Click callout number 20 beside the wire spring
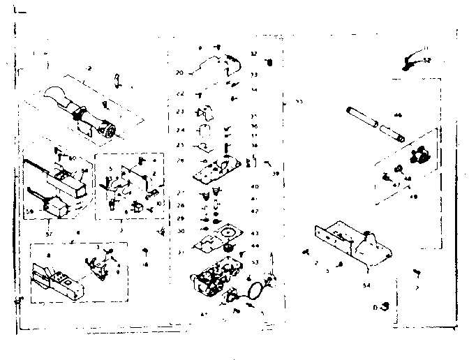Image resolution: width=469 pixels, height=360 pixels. pyautogui.click(x=179, y=73)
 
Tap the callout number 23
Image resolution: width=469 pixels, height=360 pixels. pyautogui.click(x=179, y=112)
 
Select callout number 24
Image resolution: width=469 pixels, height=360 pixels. pyautogui.click(x=179, y=130)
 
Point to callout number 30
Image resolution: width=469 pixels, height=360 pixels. pyautogui.click(x=180, y=231)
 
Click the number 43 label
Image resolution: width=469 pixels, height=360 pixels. pyautogui.click(x=255, y=233)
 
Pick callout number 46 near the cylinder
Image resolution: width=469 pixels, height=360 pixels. pyautogui.click(x=398, y=115)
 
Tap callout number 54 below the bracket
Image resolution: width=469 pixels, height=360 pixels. pyautogui.click(x=366, y=285)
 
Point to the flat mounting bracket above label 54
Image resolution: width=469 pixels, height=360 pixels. pyautogui.click(x=349, y=241)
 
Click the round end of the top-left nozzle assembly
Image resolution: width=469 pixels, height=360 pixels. pyautogui.click(x=108, y=130)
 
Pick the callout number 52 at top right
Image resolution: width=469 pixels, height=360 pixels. pyautogui.click(x=428, y=61)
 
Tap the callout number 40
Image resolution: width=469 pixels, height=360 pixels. pyautogui.click(x=255, y=187)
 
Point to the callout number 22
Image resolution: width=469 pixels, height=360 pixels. pyautogui.click(x=179, y=93)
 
